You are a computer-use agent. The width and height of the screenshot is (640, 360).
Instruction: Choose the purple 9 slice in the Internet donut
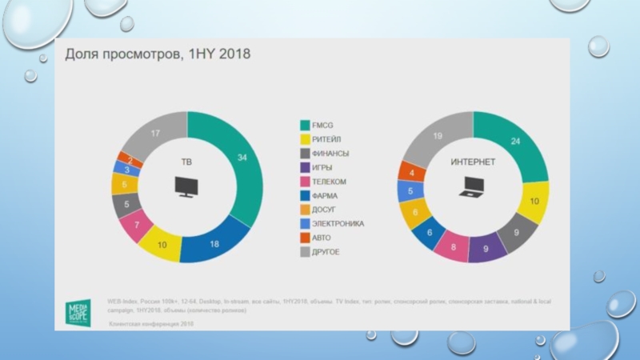coord(487,247)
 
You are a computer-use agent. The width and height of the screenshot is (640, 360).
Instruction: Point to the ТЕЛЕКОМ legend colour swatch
coord(305,182)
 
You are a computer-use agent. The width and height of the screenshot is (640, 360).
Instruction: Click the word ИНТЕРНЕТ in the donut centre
coord(473,162)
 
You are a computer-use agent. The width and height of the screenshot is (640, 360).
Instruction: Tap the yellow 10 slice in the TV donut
coord(162,245)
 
